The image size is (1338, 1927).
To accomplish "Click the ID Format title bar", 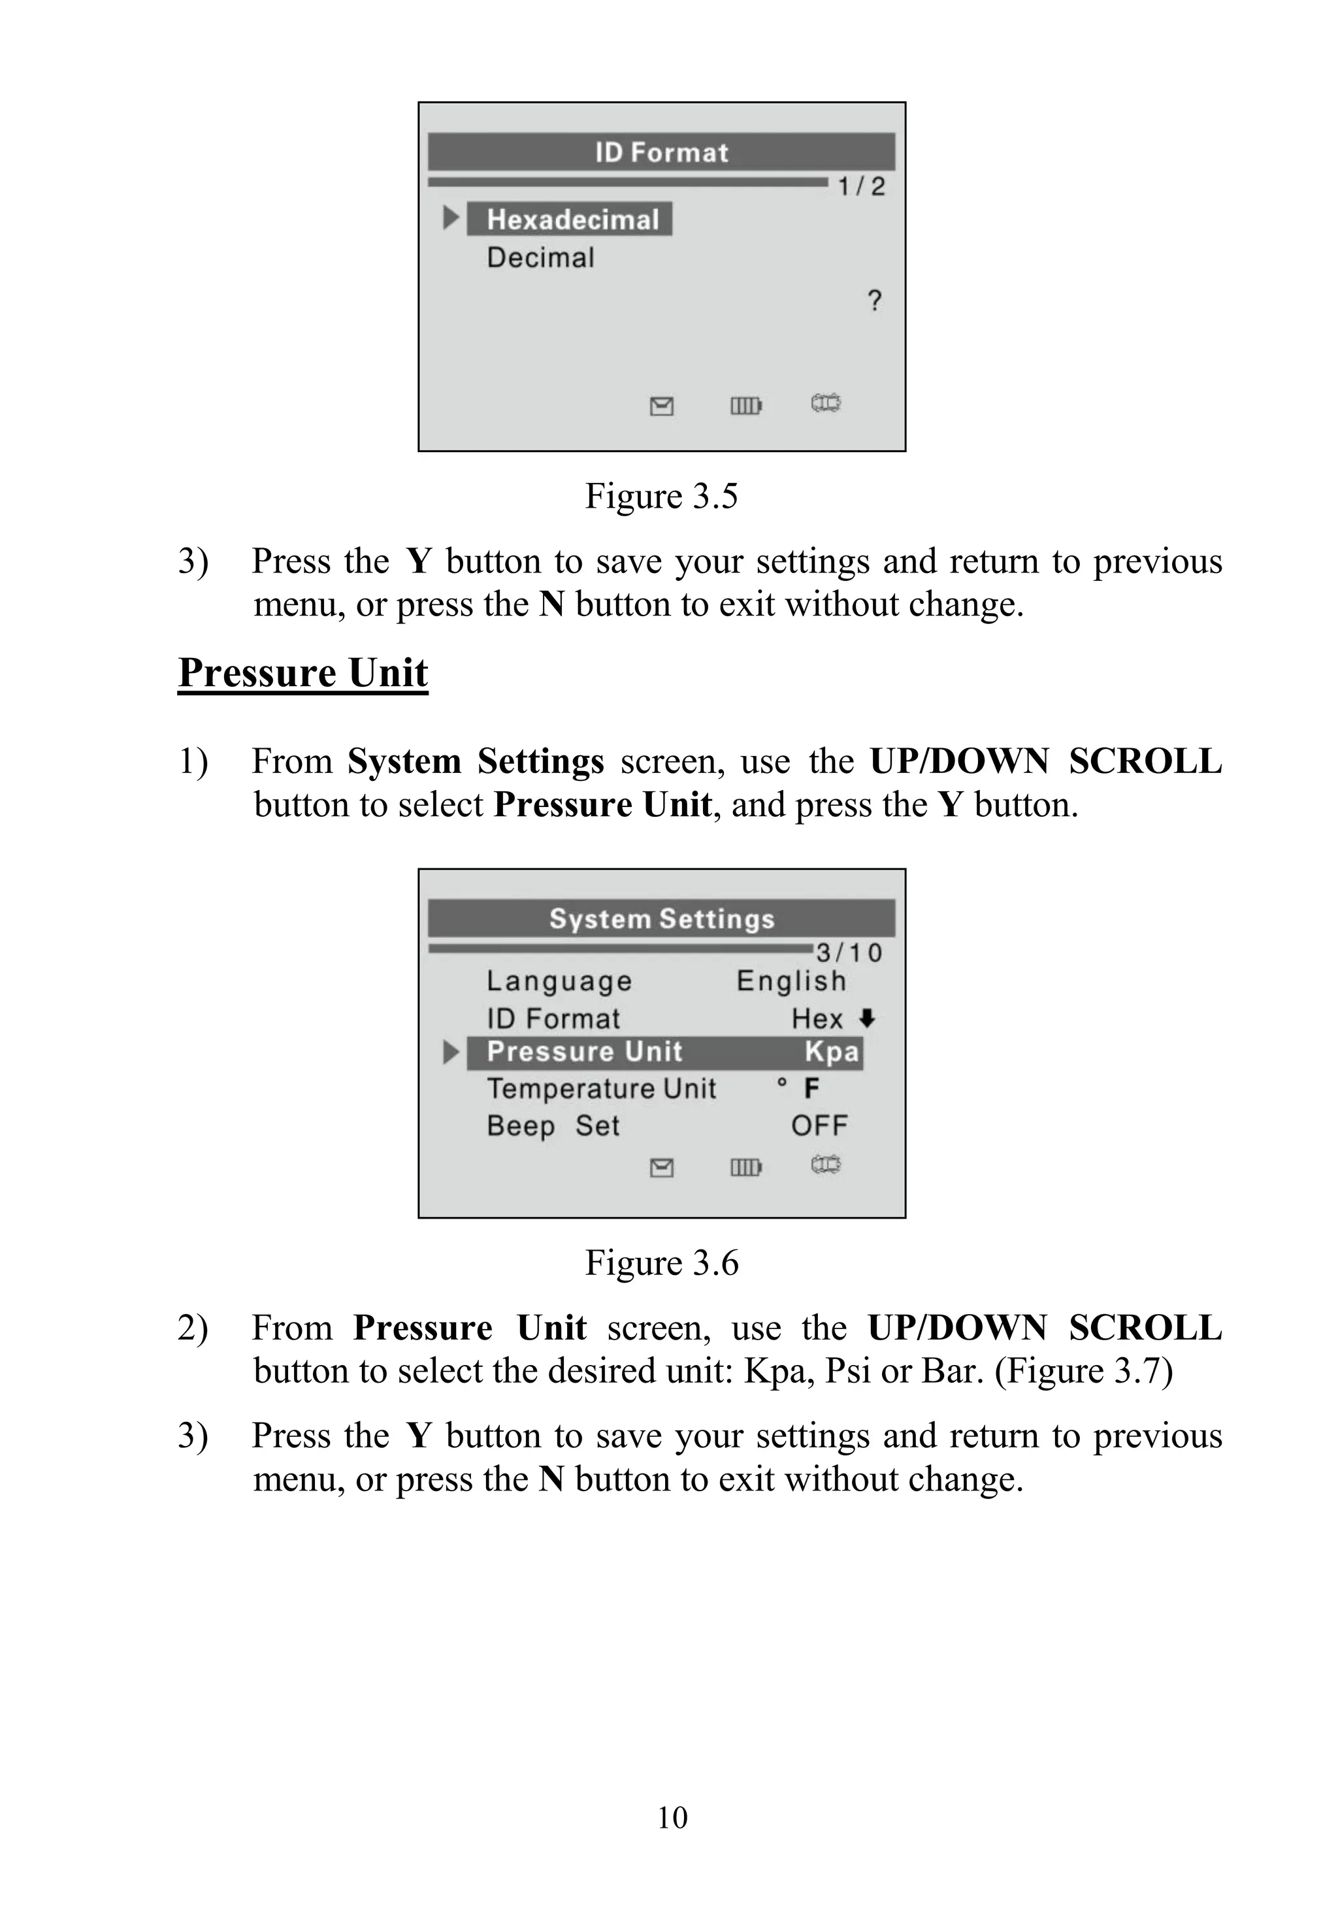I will [x=661, y=152].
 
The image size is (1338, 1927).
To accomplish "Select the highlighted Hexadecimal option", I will [x=572, y=219].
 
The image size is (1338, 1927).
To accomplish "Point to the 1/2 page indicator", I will [x=861, y=186].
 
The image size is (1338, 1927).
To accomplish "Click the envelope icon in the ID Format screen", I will [x=661, y=406].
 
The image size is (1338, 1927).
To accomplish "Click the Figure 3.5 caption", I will [x=661, y=495].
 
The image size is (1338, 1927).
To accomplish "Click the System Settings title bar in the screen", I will [x=661, y=918].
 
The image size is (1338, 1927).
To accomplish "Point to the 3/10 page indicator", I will [x=849, y=953].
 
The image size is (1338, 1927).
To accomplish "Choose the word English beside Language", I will [x=791, y=981].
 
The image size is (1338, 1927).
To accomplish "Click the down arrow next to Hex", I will [x=868, y=1018].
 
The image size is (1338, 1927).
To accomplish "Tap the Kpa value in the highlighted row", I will [x=831, y=1051].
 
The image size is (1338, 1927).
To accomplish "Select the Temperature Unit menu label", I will [x=601, y=1089].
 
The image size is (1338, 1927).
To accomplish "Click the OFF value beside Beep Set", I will [x=819, y=1125].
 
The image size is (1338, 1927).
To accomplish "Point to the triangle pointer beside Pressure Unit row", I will [x=451, y=1051].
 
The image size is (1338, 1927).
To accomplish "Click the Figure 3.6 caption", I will [x=661, y=1263].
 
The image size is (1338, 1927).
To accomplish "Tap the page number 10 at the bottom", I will [x=672, y=1818].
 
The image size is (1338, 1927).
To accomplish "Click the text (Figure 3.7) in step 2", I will [x=1083, y=1372].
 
